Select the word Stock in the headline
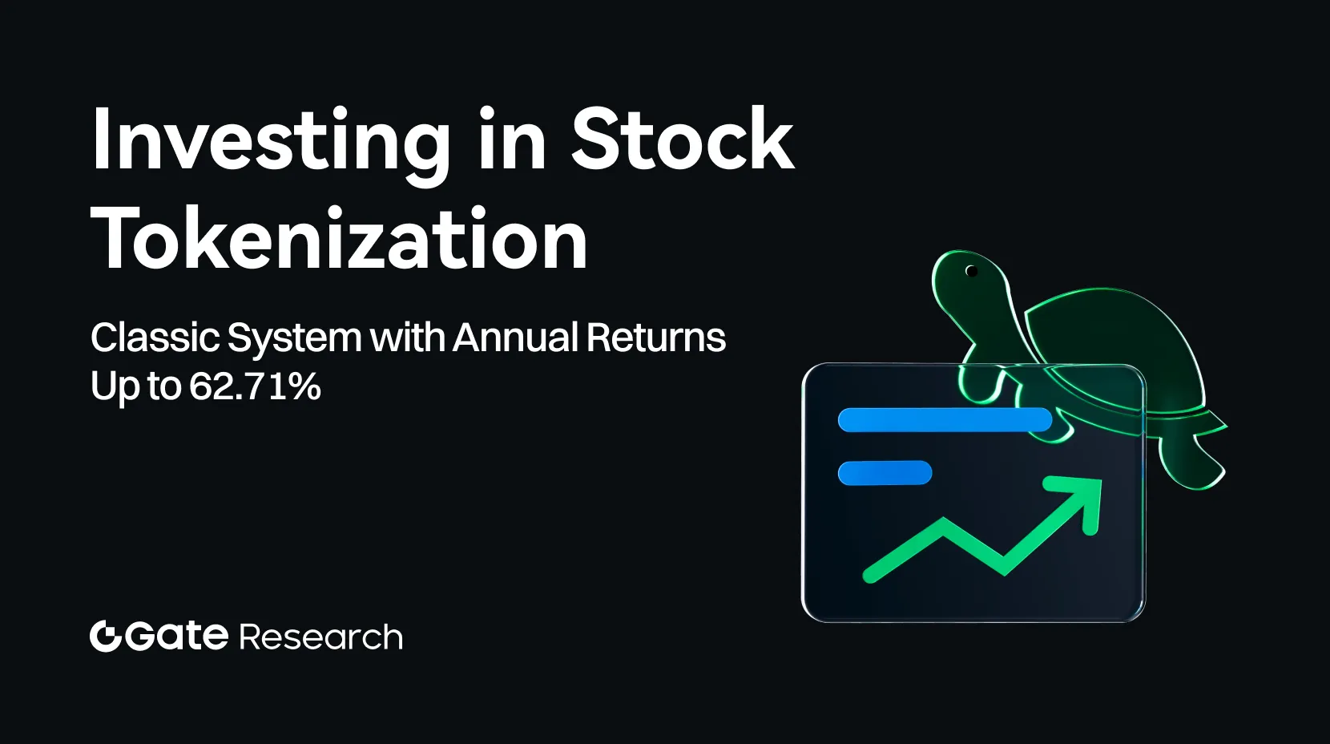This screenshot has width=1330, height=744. point(682,140)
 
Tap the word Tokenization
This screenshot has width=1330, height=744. point(340,239)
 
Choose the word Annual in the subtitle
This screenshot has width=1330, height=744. point(515,338)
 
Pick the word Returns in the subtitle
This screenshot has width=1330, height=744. point(656,338)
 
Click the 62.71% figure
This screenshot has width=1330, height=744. point(255,386)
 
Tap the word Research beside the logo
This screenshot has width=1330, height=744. point(320,637)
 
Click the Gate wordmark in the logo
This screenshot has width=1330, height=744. point(176,637)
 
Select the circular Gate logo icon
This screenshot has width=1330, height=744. point(105,637)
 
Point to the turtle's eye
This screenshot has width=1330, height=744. point(972,271)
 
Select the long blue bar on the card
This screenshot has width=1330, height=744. point(945,419)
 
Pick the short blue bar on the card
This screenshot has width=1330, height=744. point(885,473)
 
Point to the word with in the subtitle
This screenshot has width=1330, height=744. point(408,338)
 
